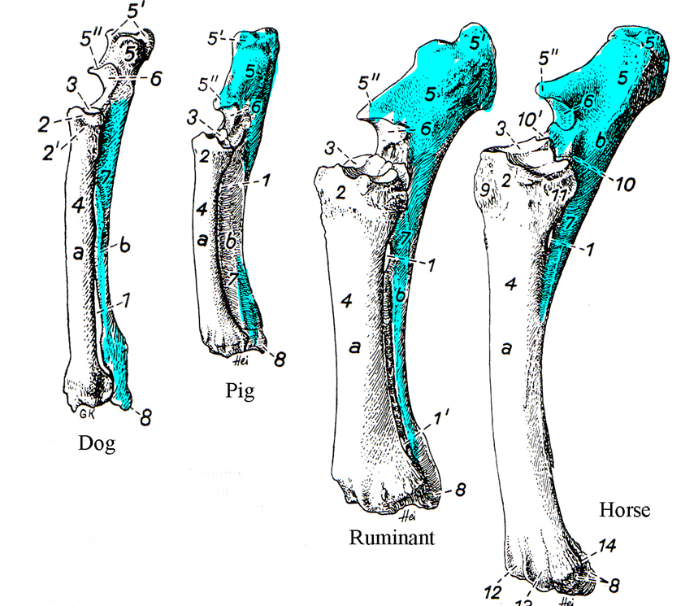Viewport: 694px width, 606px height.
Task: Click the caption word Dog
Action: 97,444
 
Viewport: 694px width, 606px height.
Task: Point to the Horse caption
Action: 626,510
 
